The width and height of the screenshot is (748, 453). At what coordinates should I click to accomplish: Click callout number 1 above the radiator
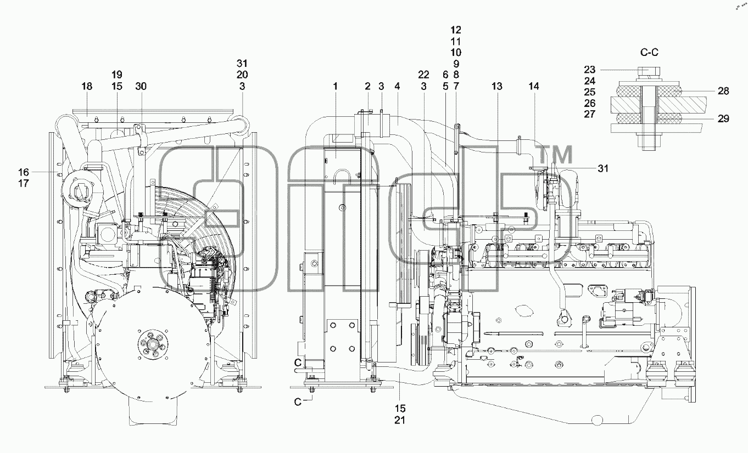coord(335,87)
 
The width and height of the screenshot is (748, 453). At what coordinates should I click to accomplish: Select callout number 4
coord(397,87)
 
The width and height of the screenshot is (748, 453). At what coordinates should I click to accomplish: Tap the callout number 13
coord(497,87)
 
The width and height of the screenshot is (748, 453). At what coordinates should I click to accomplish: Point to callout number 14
coord(534,87)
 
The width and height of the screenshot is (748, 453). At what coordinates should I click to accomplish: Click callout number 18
coord(87,87)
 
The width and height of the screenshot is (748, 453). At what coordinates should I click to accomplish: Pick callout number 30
coord(141,87)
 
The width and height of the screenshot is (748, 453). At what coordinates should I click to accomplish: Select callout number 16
coord(24,172)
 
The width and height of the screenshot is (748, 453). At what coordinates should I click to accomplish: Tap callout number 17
coord(24,183)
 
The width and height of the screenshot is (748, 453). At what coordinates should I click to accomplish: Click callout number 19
coord(117,75)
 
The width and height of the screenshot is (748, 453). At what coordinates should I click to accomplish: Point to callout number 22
coord(423,75)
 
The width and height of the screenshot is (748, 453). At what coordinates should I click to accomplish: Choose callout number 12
coord(456,30)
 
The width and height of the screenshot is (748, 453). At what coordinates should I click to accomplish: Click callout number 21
coord(400,420)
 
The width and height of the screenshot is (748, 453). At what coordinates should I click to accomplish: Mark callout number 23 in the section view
coord(590,70)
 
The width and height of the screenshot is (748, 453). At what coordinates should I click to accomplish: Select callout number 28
coord(723,90)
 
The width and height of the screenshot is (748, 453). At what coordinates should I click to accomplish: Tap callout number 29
coord(723,118)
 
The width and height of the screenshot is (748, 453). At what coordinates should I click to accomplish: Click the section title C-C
coord(650,52)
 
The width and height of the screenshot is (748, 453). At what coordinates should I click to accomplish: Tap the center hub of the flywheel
coord(153,344)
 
